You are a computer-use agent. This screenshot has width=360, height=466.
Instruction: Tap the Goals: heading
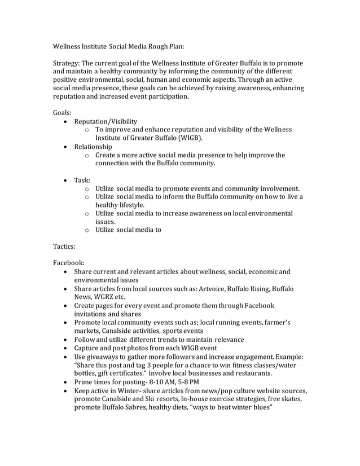[x=63, y=113]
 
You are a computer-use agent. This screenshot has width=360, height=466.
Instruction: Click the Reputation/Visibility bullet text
[x=106, y=121]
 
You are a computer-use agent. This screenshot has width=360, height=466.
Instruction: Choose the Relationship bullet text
[x=93, y=147]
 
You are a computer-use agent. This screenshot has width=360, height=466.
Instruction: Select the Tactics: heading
[x=65, y=247]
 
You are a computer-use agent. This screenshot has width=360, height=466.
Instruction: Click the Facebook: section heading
[x=68, y=263]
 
